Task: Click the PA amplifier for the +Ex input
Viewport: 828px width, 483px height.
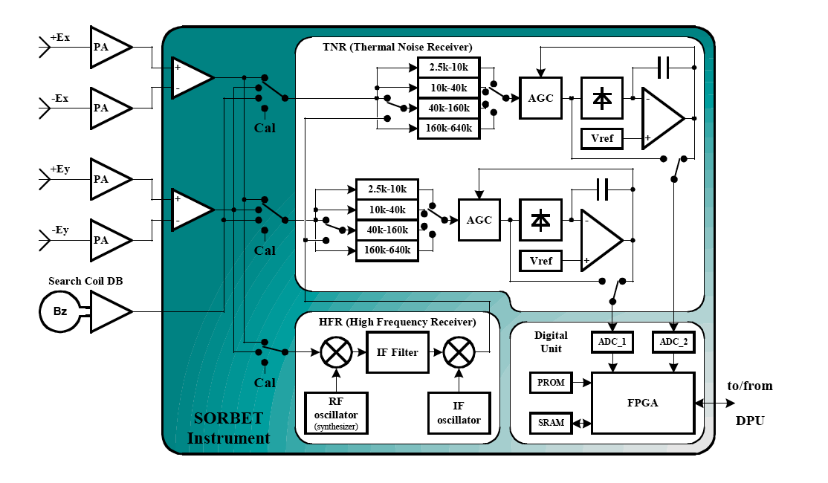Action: point(106,48)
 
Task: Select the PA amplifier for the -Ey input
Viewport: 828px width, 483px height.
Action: point(106,240)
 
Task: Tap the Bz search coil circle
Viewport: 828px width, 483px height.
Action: point(60,311)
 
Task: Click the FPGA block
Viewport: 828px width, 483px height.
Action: point(642,403)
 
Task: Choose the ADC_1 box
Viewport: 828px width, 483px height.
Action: point(611,343)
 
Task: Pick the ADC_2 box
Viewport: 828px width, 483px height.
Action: point(673,343)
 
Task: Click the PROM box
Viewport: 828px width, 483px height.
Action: point(551,383)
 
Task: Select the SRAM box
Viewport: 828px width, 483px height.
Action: point(551,424)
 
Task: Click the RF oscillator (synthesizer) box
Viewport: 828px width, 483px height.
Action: point(335,412)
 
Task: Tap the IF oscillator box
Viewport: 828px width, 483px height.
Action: point(459,413)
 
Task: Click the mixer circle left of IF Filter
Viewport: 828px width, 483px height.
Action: point(335,351)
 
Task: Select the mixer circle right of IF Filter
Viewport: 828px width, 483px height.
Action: point(459,351)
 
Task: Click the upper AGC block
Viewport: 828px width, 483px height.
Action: point(541,98)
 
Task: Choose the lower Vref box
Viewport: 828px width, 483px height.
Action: point(541,261)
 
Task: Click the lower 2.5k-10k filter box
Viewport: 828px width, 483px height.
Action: point(386,189)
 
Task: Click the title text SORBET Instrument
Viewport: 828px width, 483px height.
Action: point(228,429)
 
